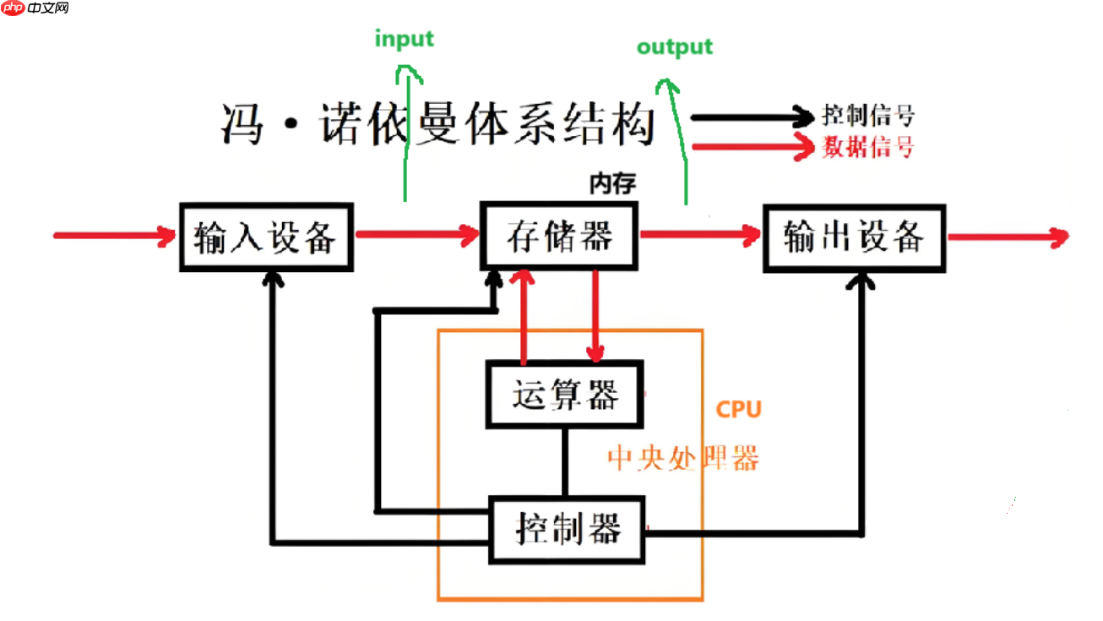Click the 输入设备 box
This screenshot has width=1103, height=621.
(x=265, y=237)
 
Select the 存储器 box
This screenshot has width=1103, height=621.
(x=559, y=236)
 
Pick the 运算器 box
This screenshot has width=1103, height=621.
(x=565, y=394)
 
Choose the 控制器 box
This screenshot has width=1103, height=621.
(x=568, y=530)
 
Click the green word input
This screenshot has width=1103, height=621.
(x=404, y=39)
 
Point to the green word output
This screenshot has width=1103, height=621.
(x=674, y=46)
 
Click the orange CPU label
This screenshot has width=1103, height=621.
(x=738, y=410)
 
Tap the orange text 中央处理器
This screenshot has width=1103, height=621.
(x=683, y=458)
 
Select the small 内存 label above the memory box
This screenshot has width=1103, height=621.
(x=611, y=182)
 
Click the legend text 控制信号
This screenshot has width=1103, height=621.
(x=868, y=117)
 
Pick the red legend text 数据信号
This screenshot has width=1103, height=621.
(x=868, y=148)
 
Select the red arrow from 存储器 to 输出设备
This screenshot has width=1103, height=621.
(x=700, y=236)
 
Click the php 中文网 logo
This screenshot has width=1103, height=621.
(x=35, y=9)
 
